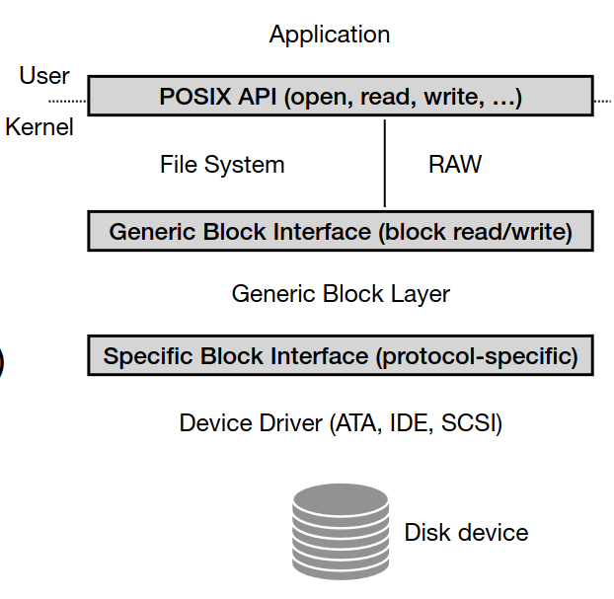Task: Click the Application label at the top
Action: pyautogui.click(x=330, y=35)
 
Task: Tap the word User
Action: pyautogui.click(x=44, y=76)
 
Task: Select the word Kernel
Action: pyautogui.click(x=39, y=127)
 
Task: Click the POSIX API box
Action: pyautogui.click(x=341, y=98)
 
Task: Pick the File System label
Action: pyautogui.click(x=222, y=165)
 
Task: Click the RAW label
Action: pyautogui.click(x=455, y=165)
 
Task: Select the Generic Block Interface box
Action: pyautogui.click(x=341, y=232)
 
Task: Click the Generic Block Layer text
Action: pyautogui.click(x=341, y=293)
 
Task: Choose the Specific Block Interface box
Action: pyautogui.click(x=341, y=356)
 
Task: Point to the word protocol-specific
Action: pyautogui.click(x=474, y=356)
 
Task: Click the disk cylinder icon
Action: pyautogui.click(x=341, y=532)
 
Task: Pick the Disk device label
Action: pyautogui.click(x=466, y=533)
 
